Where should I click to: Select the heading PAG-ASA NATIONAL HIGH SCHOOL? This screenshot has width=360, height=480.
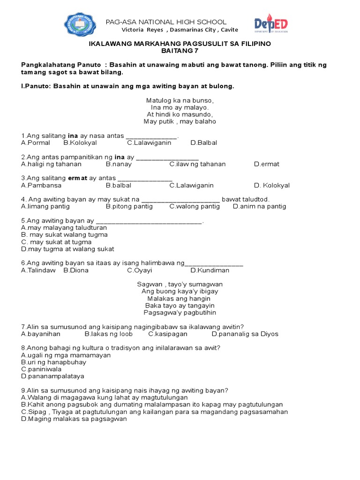click(166, 22)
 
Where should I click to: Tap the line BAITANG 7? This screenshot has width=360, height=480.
click(180, 51)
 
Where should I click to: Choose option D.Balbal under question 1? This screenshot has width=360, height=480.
click(204, 143)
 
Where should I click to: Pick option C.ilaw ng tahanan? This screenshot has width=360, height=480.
click(197, 164)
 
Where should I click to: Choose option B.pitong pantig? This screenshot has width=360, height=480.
click(129, 206)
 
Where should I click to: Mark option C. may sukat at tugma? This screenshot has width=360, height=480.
click(56, 242)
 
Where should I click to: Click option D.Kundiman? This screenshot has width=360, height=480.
click(210, 270)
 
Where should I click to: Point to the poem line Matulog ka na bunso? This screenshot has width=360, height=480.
click(180, 100)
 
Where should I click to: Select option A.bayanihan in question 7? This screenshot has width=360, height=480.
click(41, 334)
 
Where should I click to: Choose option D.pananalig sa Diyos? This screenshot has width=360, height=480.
click(245, 334)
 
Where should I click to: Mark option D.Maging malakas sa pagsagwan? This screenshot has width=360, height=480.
click(74, 419)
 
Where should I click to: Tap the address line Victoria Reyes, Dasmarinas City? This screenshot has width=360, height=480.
click(180, 30)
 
